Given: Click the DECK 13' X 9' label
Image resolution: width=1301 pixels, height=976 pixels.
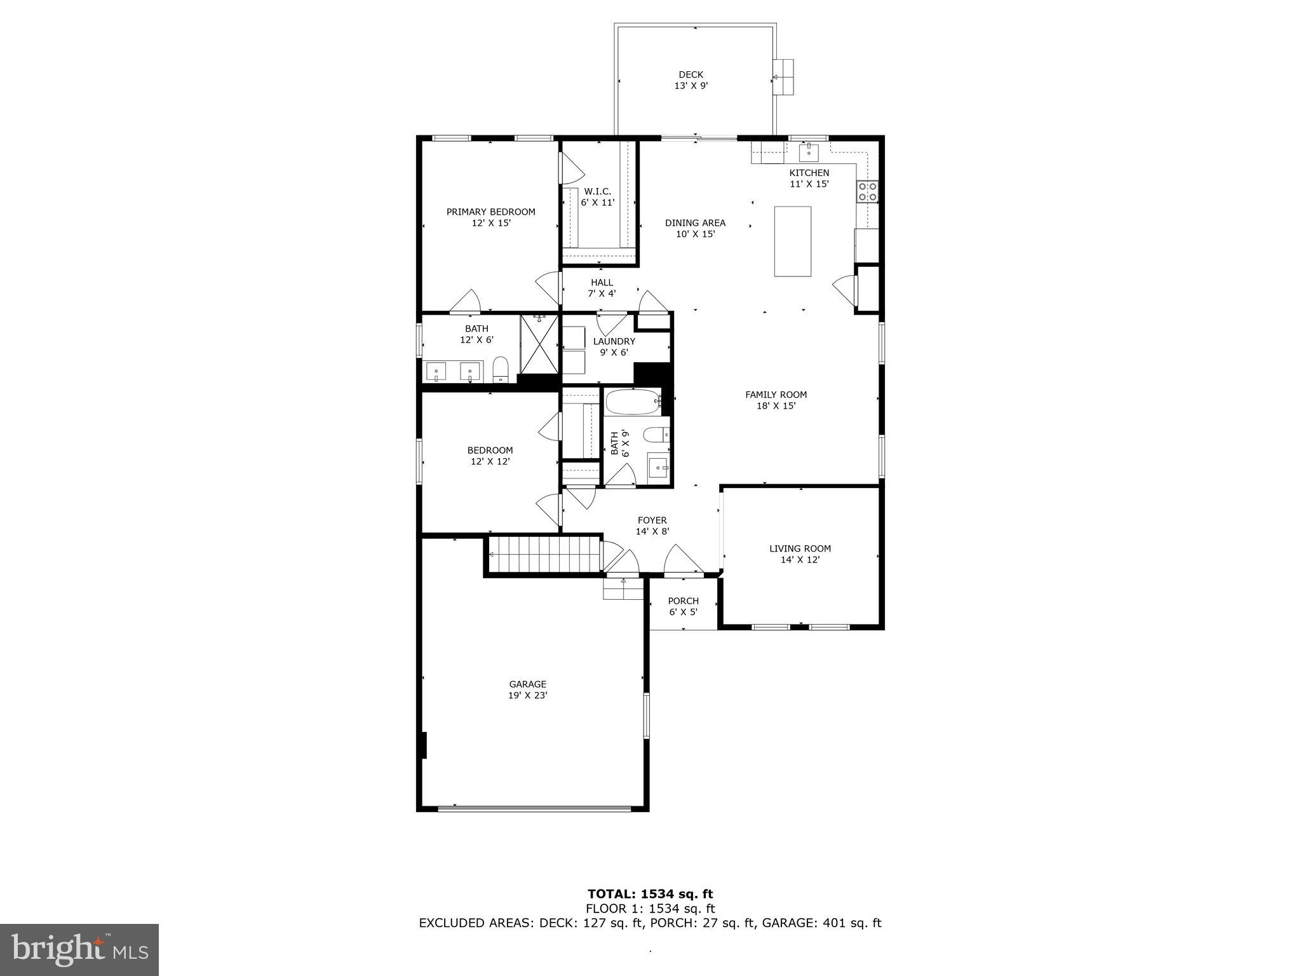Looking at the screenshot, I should [691, 80].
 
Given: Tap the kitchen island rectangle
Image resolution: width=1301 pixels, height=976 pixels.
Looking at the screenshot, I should [792, 241].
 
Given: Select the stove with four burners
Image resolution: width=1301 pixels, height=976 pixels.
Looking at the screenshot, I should [868, 191].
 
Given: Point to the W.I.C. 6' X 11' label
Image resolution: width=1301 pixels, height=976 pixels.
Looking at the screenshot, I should [597, 197].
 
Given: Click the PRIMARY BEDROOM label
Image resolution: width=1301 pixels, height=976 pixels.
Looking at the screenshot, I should [490, 217].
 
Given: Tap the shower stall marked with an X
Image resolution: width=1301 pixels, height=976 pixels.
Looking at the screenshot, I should [539, 344].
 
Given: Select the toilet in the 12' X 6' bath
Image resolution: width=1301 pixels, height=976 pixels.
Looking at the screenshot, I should [501, 370].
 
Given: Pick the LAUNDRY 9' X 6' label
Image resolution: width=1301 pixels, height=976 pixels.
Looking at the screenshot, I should [614, 346].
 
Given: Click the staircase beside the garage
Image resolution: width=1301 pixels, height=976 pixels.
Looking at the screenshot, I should [544, 554].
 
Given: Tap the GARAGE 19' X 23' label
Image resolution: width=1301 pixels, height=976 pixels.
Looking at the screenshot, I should [527, 689].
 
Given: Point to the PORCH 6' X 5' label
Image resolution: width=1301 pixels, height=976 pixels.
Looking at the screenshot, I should [683, 606].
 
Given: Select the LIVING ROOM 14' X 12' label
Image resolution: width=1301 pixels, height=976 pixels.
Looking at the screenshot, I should [800, 553].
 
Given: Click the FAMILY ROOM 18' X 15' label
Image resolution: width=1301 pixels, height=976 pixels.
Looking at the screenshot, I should [776, 400].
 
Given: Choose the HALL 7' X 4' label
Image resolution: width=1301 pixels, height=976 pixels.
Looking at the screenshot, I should [602, 288].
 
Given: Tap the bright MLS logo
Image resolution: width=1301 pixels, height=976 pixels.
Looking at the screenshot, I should [79, 949].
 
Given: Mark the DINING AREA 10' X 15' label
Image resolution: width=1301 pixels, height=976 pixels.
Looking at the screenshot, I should [695, 228].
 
